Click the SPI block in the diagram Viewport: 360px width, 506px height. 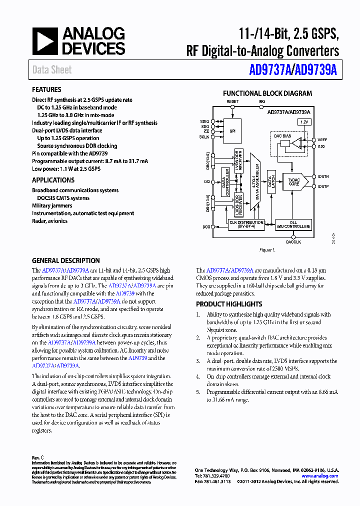pos(232,131)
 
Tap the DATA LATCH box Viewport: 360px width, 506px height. pos(271,181)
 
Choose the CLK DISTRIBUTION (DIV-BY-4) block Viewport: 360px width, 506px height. pos(246,224)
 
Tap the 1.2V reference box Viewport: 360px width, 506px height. pos(304,122)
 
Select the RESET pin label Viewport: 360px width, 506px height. pos(232,101)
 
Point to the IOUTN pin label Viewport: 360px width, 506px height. pos(323,176)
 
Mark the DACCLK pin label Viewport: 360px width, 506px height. pos(293,241)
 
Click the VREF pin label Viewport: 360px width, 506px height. pos(321,140)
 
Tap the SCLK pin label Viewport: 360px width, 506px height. pos(204,136)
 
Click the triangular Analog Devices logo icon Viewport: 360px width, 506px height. pos(45,41)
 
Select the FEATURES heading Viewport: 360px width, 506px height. pos(46,90)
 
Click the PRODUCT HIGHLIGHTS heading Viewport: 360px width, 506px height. pos(229,304)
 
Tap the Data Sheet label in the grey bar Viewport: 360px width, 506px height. pos(52,70)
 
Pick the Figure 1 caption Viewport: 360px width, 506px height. pos(267,249)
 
